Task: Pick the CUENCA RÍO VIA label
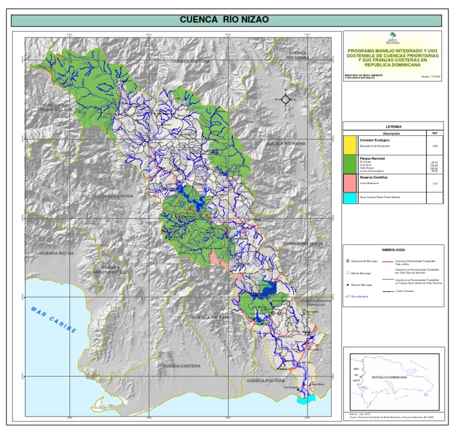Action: click(x=56, y=253)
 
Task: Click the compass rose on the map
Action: click(x=285, y=99)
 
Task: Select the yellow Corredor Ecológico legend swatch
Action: click(x=350, y=143)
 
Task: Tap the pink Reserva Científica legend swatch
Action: click(x=350, y=183)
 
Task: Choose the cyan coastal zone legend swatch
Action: click(x=350, y=198)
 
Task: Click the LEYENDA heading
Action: click(x=393, y=127)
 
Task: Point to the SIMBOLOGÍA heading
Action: click(x=393, y=251)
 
